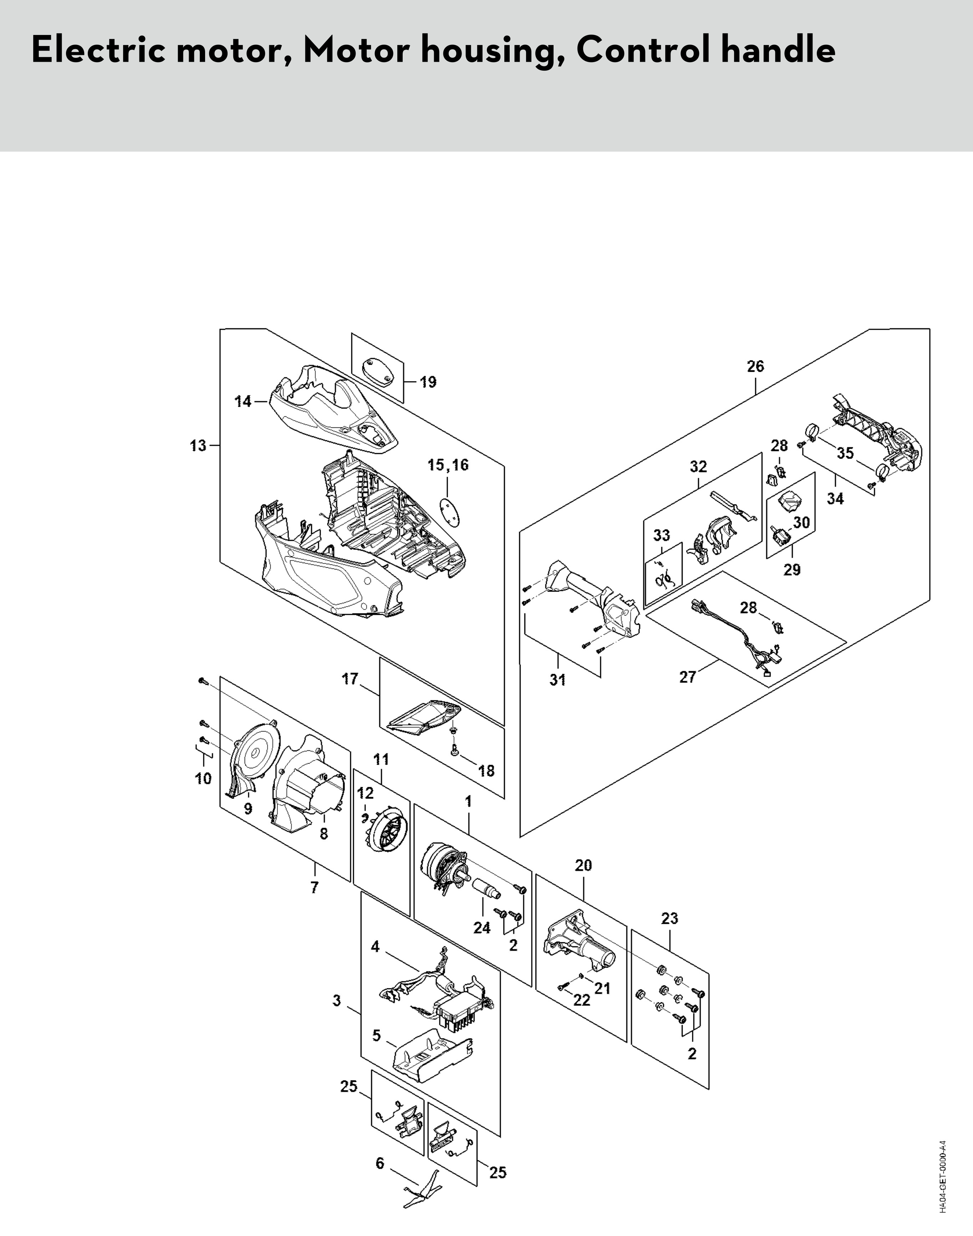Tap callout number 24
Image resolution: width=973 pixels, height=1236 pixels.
pyautogui.click(x=482, y=928)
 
